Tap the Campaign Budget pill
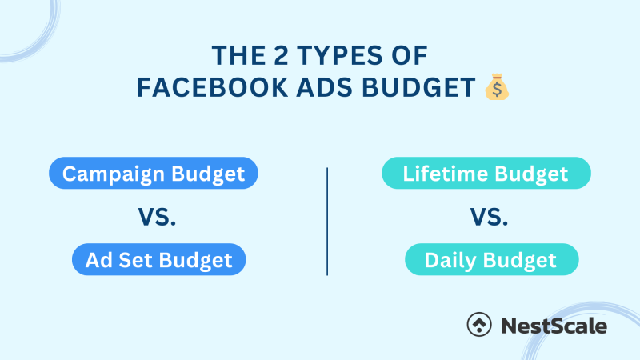tap(154, 174)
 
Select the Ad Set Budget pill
tap(158, 259)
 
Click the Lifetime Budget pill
tap(486, 174)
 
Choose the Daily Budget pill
tap(490, 259)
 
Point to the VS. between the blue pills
tap(154, 217)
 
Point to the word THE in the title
tap(230, 55)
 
